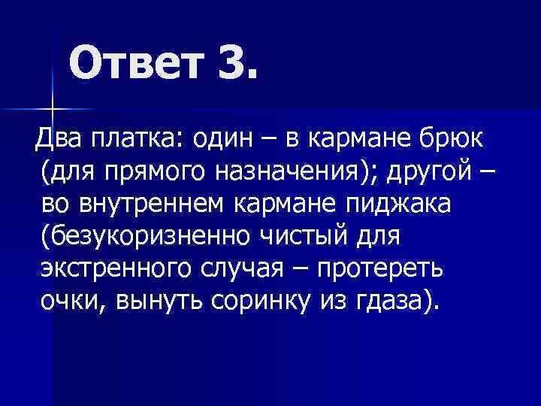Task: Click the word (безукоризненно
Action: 147,237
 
